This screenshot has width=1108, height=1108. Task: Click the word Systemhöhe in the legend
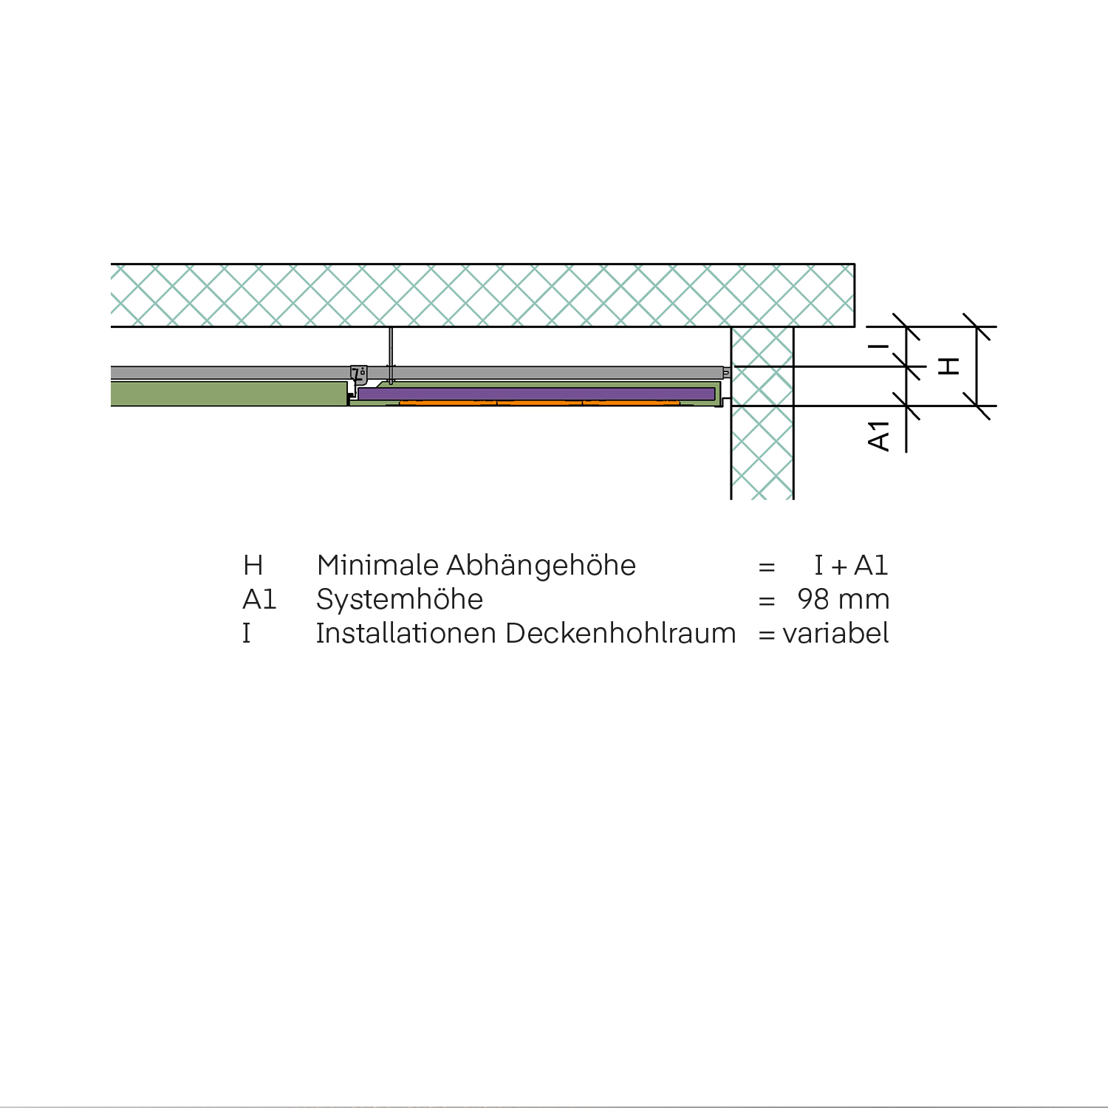pyautogui.click(x=399, y=600)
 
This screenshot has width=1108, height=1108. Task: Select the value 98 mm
pyautogui.click(x=843, y=600)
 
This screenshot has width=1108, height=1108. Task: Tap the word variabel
pyautogui.click(x=835, y=634)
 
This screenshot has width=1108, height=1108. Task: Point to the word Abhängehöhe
pyautogui.click(x=541, y=566)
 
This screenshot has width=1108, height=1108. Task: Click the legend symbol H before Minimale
pyautogui.click(x=253, y=566)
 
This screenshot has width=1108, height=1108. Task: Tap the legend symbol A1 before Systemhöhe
pyautogui.click(x=259, y=600)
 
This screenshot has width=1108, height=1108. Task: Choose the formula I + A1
pyautogui.click(x=850, y=566)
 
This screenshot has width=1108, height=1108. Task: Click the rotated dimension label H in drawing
pyautogui.click(x=948, y=366)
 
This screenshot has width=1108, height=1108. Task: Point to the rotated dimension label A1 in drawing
pyautogui.click(x=879, y=436)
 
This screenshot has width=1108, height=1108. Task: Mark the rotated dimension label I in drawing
pyautogui.click(x=879, y=346)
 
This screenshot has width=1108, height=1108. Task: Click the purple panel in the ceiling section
pyautogui.click(x=536, y=394)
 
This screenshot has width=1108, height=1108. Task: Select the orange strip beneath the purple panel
pyautogui.click(x=539, y=403)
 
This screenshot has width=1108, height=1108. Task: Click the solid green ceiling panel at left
pyautogui.click(x=229, y=393)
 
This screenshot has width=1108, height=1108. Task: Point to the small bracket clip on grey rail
pyautogui.click(x=359, y=374)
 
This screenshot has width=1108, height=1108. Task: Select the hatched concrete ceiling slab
pyautogui.click(x=480, y=295)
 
